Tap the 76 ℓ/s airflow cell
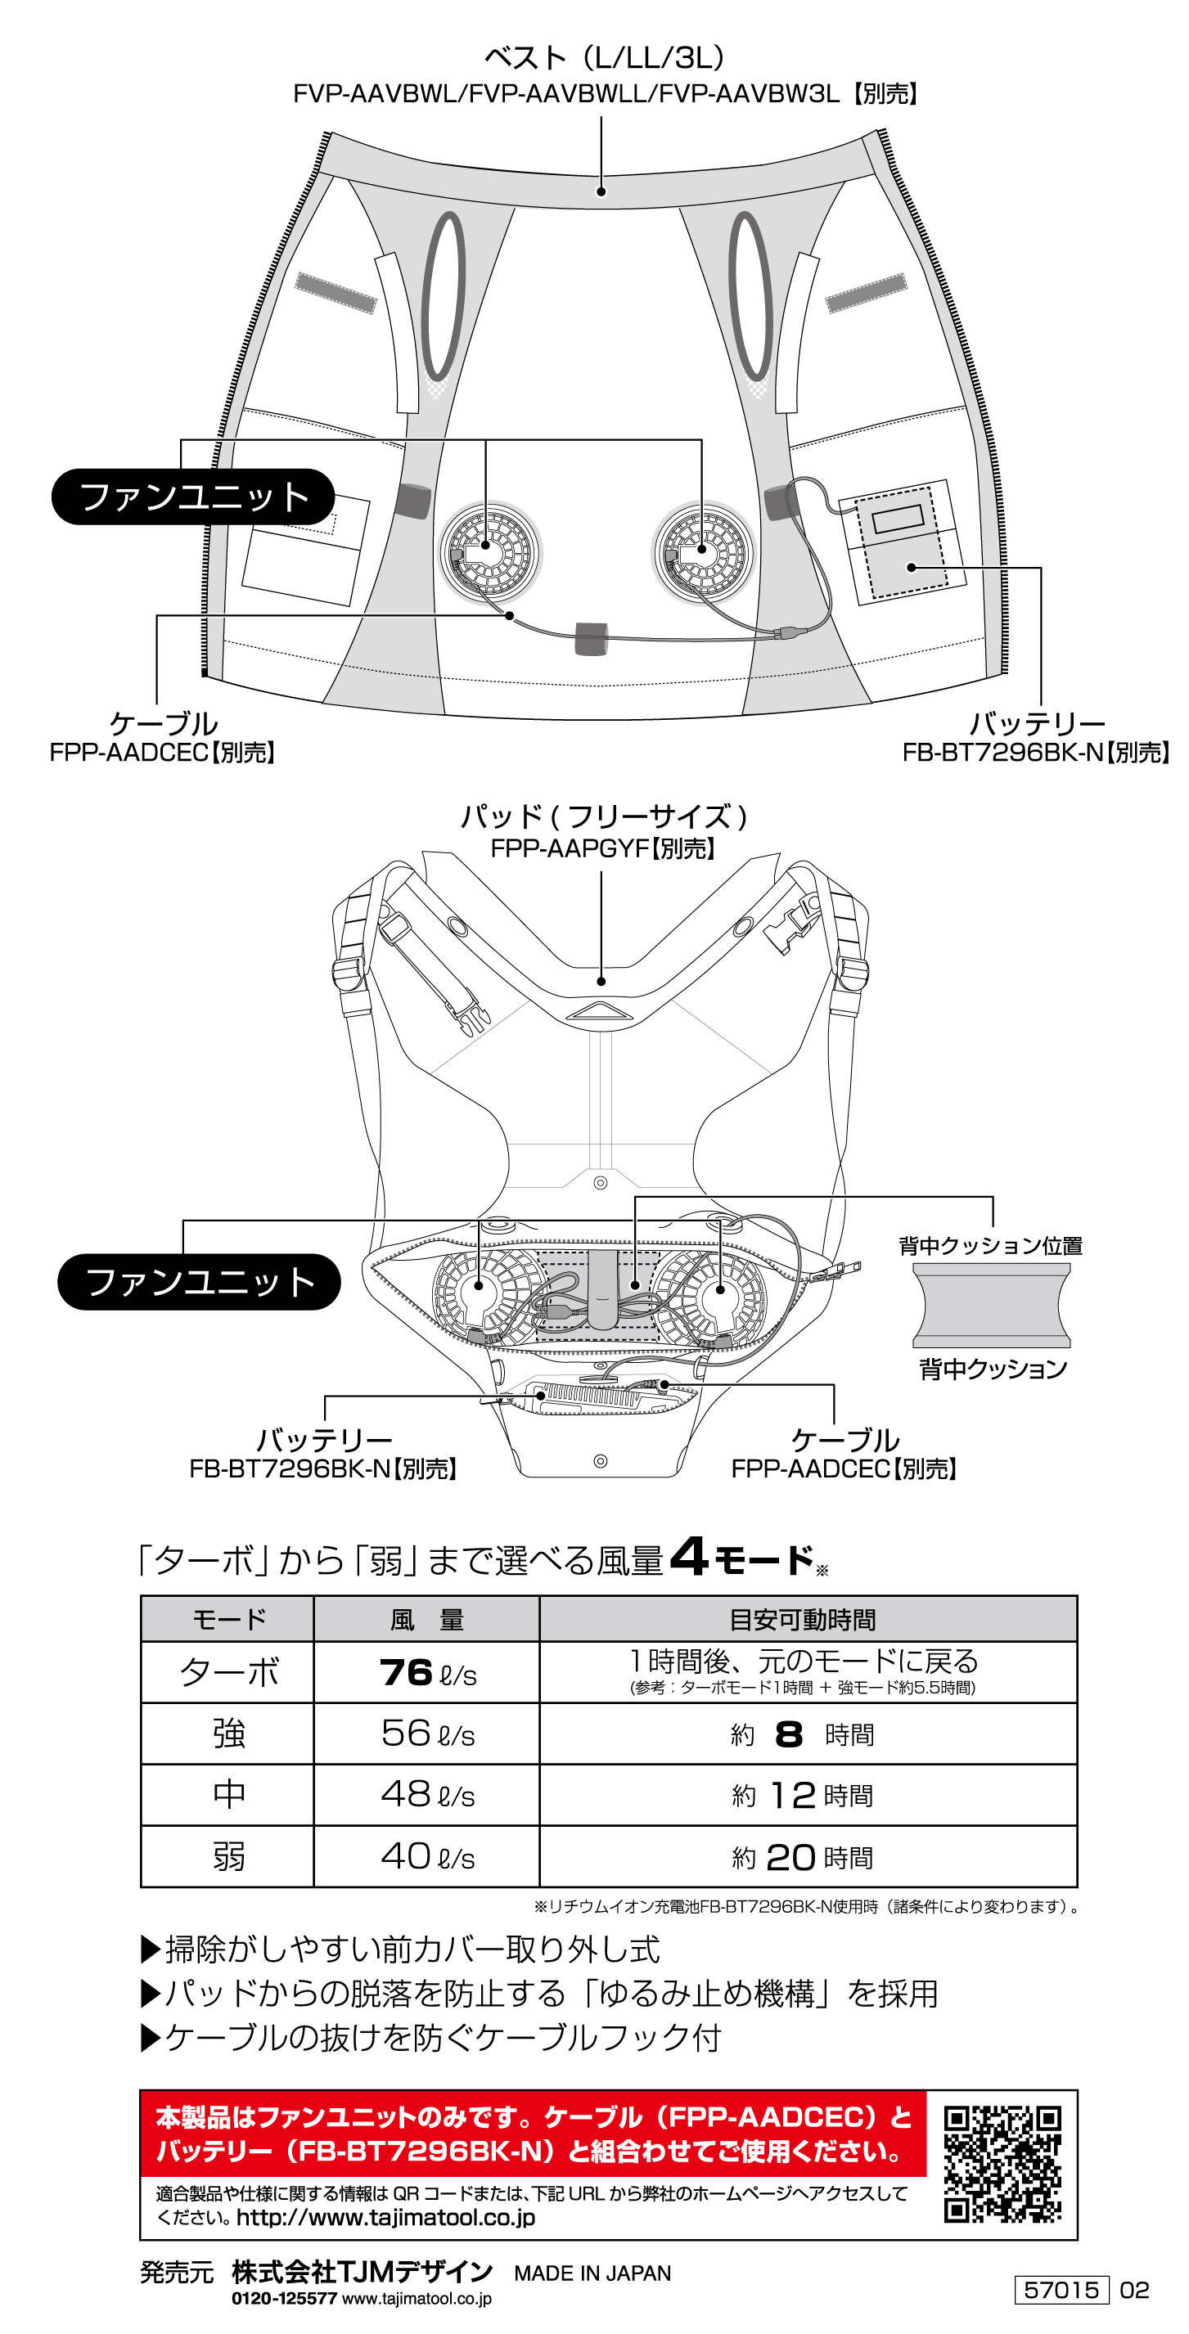coord(427,1673)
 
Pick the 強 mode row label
coord(228,1734)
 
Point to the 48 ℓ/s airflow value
coord(427,1794)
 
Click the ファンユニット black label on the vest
coord(193,497)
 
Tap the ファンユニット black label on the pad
coord(199,1281)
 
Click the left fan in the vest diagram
coord(489,551)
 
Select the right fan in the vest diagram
coord(703,551)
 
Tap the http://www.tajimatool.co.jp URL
coord(385,2217)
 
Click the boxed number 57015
coord(1061,2291)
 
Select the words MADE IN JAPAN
coord(592,2273)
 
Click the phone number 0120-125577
coord(284,2299)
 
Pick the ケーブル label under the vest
coord(163,723)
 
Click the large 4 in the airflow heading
coord(689,1557)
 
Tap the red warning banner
coord(533,2134)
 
